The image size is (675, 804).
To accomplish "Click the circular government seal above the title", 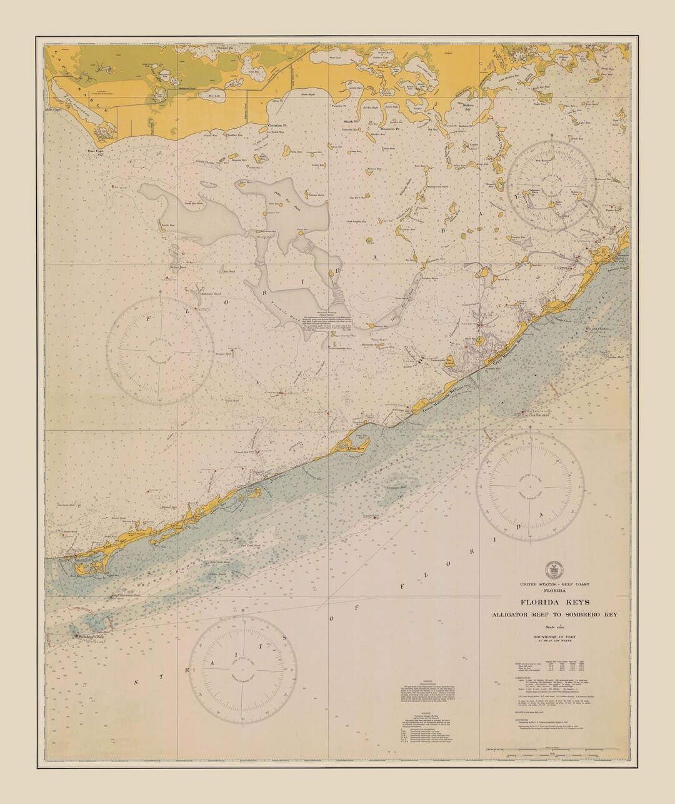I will (x=554, y=570).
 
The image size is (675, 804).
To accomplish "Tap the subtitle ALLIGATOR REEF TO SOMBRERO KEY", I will (x=554, y=615).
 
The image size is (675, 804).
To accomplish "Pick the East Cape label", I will (x=94, y=151).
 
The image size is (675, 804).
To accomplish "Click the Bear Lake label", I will (x=214, y=96).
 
